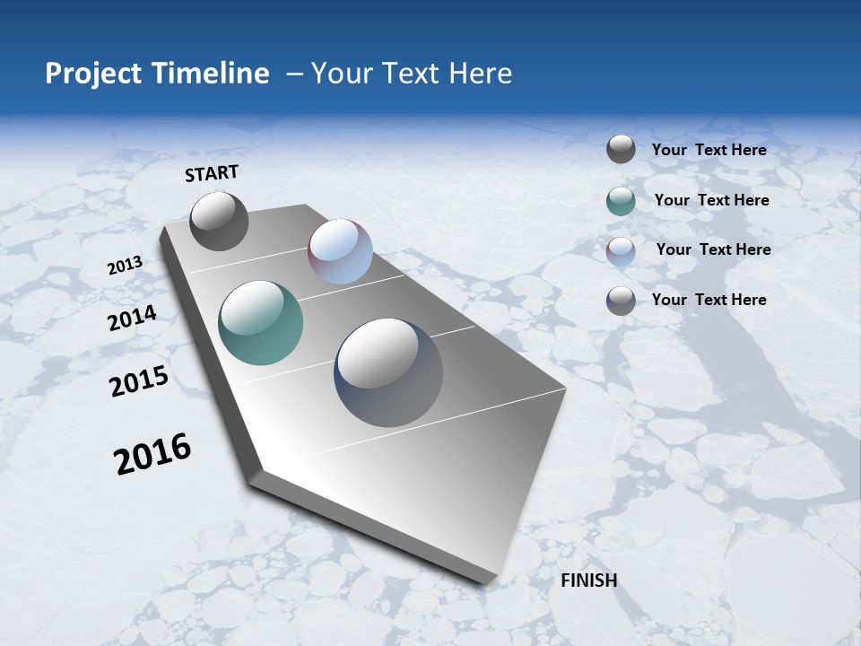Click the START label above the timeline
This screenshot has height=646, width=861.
click(x=212, y=173)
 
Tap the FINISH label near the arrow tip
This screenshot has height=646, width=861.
click(x=588, y=581)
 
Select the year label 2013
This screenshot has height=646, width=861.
click(x=126, y=266)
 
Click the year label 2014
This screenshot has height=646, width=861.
click(x=133, y=318)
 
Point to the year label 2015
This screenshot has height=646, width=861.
click(x=139, y=381)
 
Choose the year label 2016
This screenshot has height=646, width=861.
click(x=152, y=454)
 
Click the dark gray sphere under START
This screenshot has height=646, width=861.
click(x=219, y=222)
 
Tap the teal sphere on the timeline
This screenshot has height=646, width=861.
click(x=260, y=323)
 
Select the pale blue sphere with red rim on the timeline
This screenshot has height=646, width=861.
click(x=340, y=251)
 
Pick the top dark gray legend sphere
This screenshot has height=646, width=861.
click(x=621, y=150)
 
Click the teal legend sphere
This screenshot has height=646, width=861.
click(x=621, y=201)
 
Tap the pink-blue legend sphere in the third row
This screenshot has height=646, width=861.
click(x=621, y=251)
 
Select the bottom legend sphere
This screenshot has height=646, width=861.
click(x=621, y=301)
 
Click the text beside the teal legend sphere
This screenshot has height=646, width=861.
click(x=711, y=200)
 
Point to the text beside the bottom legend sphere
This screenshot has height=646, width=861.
click(x=709, y=300)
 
